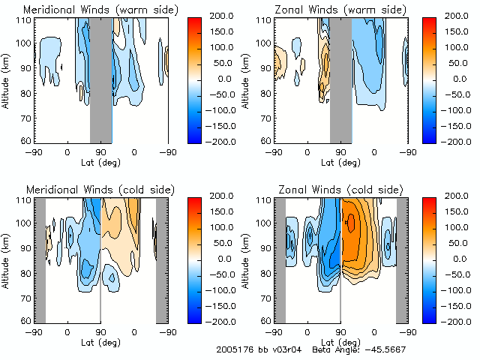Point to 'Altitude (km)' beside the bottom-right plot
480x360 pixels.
(249, 260)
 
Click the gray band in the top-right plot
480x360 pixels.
(340, 80)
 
